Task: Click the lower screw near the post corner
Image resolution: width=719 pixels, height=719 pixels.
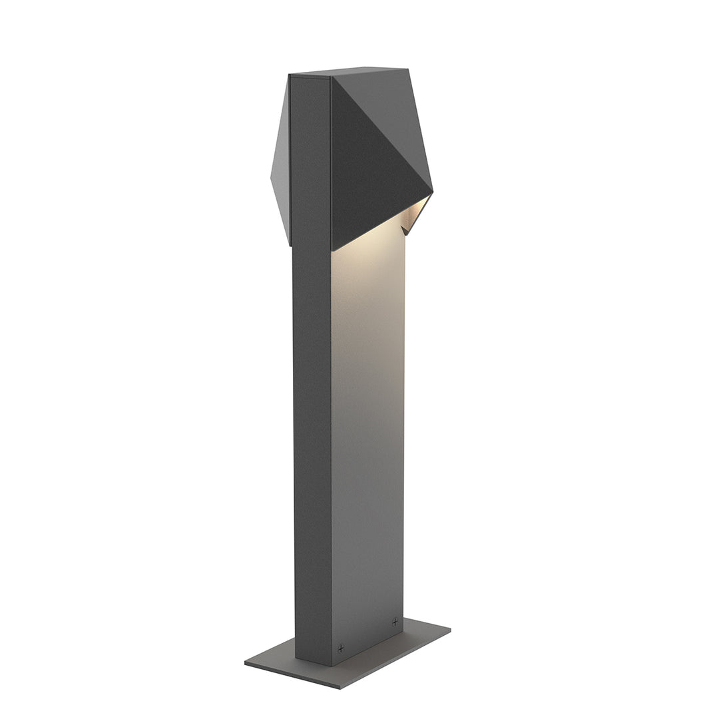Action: coord(340,647)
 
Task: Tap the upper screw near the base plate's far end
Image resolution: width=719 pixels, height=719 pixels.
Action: coord(395,622)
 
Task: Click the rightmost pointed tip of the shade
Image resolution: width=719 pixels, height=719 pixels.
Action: coord(433,192)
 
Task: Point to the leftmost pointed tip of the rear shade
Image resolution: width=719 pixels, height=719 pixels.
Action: coord(271,176)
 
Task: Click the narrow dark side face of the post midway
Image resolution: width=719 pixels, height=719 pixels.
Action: coord(312,433)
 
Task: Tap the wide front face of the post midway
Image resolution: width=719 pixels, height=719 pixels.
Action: coord(367,433)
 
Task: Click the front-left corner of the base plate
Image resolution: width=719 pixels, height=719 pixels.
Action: coord(246,662)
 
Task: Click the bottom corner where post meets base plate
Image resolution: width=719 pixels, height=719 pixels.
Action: coord(332,664)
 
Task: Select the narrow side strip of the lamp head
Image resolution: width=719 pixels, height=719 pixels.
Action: coord(310,160)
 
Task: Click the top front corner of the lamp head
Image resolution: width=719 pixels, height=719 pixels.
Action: coord(331,77)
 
